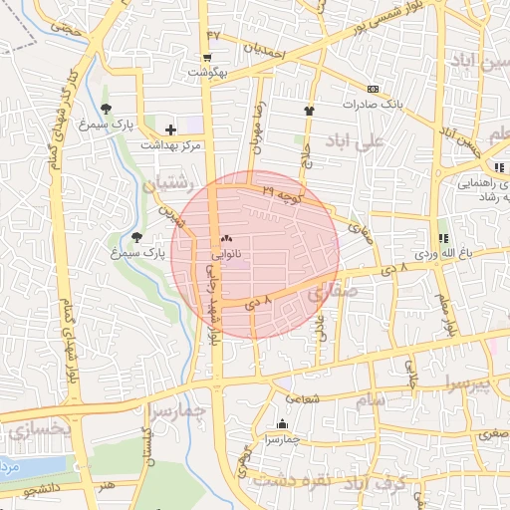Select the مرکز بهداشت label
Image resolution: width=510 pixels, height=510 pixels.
click(170, 144)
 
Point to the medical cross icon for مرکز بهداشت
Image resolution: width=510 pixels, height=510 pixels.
click(170, 129)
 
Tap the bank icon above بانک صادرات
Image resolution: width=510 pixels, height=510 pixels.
click(373, 88)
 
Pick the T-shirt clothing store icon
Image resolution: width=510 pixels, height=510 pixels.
click(308, 111)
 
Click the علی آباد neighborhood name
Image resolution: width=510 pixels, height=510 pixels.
click(361, 142)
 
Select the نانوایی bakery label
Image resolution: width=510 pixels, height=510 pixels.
click(225, 255)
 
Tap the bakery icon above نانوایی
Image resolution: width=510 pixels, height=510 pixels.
click(225, 239)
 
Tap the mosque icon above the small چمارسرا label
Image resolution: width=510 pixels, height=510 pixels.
click(282, 422)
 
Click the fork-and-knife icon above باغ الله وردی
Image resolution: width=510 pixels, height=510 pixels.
click(442, 238)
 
